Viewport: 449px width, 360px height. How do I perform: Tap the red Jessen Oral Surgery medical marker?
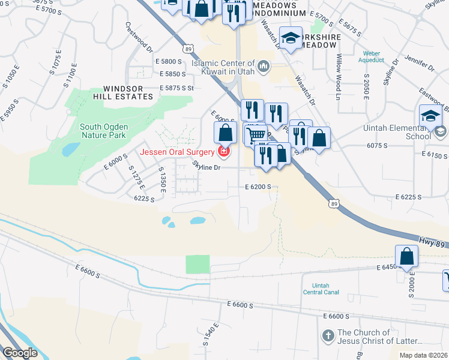224,152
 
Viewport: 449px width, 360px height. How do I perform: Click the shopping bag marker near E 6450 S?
407,256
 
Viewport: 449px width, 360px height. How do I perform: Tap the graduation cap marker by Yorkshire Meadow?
291,38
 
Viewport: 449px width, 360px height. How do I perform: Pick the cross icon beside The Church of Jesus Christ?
328,337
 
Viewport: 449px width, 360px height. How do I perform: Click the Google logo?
20,353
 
